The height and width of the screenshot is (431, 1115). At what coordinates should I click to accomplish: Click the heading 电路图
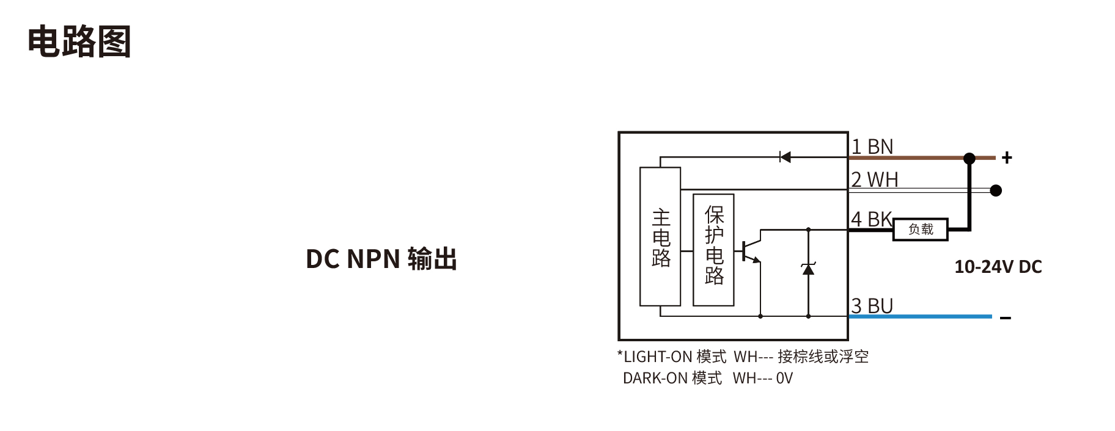coord(79,42)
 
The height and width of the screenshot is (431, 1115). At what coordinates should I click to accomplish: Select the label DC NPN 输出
coord(381,259)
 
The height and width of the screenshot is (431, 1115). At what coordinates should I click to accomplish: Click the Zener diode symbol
coord(808,268)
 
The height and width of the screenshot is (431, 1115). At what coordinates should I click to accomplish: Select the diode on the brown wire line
coord(786,158)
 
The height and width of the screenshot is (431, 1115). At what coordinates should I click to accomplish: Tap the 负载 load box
coord(921,230)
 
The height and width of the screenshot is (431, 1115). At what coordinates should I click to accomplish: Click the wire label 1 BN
coord(872,147)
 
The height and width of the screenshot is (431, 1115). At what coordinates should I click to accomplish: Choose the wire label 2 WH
coord(875,179)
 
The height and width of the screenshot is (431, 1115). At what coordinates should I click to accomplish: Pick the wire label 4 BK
coord(872,219)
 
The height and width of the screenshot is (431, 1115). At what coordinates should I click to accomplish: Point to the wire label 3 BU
coord(872,306)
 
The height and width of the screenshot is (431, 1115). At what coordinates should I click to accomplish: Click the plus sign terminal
coord(1007,158)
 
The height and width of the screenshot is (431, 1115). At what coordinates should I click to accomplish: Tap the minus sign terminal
coord(1006,317)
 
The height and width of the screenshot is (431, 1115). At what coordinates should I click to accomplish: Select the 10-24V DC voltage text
coord(998,267)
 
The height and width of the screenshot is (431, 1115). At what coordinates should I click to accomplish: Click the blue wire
coord(920,316)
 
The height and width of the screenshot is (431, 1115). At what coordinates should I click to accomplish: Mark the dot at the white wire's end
coord(996,190)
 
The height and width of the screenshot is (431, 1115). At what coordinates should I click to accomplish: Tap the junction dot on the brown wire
coord(970,159)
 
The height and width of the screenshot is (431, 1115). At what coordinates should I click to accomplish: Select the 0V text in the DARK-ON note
coord(784,378)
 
